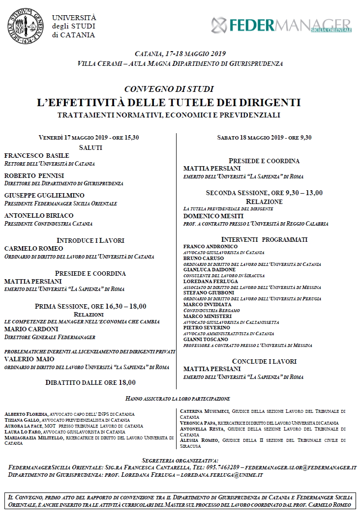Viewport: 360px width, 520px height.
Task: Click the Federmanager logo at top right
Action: [x=281, y=25]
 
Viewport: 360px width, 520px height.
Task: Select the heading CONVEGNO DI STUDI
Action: [x=169, y=89]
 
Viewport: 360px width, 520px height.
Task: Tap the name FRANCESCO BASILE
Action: [x=37, y=156]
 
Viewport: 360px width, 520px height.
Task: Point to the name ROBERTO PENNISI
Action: [x=34, y=175]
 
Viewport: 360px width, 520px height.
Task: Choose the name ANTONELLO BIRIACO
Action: [x=39, y=215]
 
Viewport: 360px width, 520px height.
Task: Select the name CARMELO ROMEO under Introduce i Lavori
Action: [x=33, y=248]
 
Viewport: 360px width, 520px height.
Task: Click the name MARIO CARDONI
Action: [x=31, y=329]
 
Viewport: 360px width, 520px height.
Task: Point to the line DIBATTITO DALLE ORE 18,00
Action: [x=90, y=382]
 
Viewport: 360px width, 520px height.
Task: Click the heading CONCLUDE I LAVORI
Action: [x=264, y=361]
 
